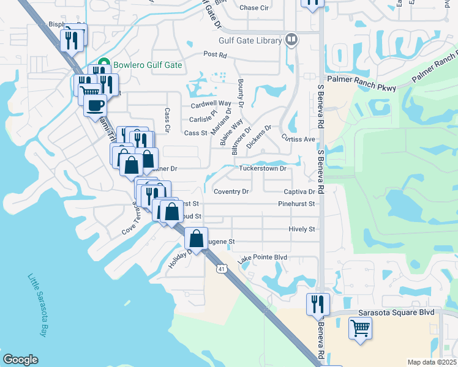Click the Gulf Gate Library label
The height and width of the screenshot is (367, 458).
[249, 41]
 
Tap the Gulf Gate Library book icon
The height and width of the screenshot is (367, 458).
[291, 40]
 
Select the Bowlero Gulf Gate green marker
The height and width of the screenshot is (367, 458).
[103, 63]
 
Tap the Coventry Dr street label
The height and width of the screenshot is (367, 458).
[231, 191]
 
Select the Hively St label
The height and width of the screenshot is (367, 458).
[301, 229]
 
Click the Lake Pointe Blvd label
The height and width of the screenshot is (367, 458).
[263, 259]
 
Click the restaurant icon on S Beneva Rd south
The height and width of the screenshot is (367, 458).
[317, 303]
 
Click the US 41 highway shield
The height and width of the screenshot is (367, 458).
[220, 268]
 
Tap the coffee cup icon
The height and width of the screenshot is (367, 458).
[95, 105]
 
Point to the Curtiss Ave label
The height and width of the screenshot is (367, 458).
[298, 139]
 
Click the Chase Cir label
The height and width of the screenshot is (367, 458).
[255, 8]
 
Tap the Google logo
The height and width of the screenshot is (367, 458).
[20, 360]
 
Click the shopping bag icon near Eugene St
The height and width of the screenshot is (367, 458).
[196, 238]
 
